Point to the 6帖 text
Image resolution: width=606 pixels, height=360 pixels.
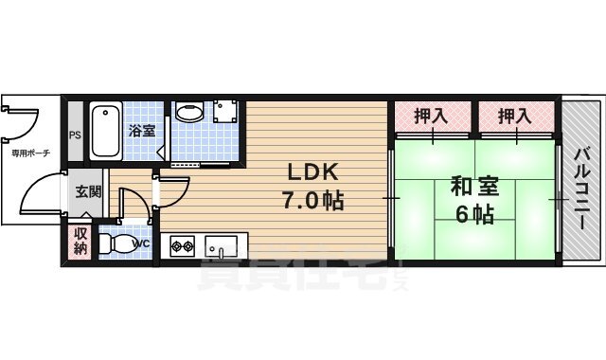(x=473, y=214)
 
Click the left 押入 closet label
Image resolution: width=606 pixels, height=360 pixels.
(x=431, y=117)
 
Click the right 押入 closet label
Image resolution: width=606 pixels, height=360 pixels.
(x=513, y=117)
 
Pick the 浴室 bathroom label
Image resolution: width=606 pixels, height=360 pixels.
(x=142, y=130)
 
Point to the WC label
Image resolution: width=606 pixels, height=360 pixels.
(x=141, y=243)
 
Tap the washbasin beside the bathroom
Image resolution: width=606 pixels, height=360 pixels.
(x=188, y=113)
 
